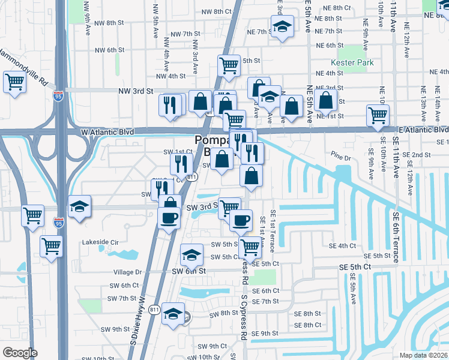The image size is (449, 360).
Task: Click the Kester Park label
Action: coord(352,62)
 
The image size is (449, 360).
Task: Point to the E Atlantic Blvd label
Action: coord(423,130)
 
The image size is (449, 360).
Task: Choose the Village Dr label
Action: coord(127,272)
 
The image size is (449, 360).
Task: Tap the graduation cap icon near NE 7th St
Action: coord(282,26)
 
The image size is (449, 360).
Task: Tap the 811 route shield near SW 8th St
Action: coord(155,310)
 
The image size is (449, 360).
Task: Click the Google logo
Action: coord(20,353)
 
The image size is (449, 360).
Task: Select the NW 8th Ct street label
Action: coord(217,11)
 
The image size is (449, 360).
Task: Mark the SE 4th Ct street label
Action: coord(343,246)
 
